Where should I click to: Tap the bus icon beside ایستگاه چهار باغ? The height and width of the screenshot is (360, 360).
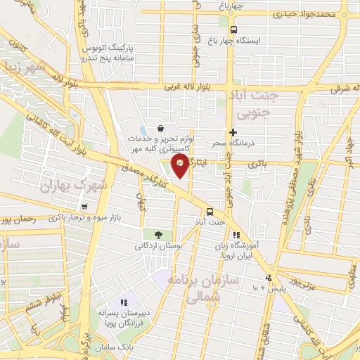pos(233,29)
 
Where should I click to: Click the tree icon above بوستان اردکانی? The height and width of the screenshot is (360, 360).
pos(157,235)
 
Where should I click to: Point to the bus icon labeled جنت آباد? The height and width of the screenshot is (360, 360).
pos(210,212)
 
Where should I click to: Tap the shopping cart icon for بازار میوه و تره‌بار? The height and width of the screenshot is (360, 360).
pos(84,207)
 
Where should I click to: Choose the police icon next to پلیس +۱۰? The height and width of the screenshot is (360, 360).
pos(266,278)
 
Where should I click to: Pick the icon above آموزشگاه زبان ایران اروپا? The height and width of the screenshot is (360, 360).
pos(237,235)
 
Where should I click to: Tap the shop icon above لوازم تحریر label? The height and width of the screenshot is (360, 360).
pos(162,129)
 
